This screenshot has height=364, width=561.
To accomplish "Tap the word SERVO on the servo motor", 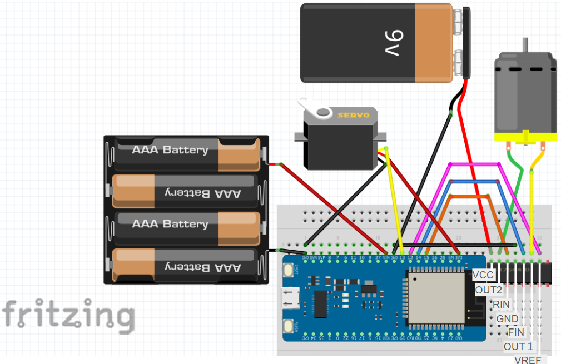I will pyautogui.click(x=354, y=115).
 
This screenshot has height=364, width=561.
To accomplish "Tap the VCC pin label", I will pyautogui.click(x=482, y=275).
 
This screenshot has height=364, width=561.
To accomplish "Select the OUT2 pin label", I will pyautogui.click(x=489, y=290).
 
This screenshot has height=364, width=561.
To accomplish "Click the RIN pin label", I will pyautogui.click(x=501, y=304).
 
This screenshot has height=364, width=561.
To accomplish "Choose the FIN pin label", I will pyautogui.click(x=516, y=332).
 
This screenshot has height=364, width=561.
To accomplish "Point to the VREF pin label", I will pyautogui.click(x=528, y=360).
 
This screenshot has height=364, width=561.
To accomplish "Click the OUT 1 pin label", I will pyautogui.click(x=518, y=346).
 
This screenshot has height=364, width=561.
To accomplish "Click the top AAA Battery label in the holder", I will pyautogui.click(x=170, y=149).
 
